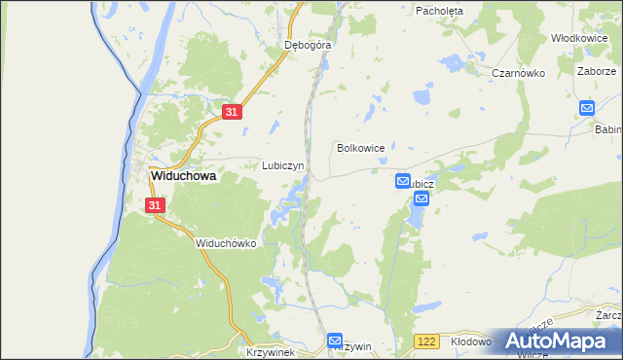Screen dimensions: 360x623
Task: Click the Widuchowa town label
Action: click(x=183, y=177)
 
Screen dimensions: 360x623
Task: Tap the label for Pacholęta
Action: click(x=439, y=11)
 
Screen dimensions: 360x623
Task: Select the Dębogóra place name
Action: click(x=308, y=45)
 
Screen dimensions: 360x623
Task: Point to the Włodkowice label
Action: click(x=579, y=37)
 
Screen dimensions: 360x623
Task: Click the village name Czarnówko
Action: click(x=517, y=73)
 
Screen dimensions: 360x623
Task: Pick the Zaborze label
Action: click(x=596, y=71)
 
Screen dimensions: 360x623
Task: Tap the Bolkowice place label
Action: click(x=361, y=148)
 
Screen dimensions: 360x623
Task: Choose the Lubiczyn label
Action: click(x=283, y=165)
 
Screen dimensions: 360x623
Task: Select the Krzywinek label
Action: click(x=271, y=351)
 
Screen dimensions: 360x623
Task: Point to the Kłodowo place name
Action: click(x=472, y=342)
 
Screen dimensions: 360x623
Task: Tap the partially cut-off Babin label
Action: click(x=608, y=127)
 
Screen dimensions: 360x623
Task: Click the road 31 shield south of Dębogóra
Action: click(x=231, y=113)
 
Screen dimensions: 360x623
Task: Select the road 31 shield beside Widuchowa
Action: click(x=156, y=205)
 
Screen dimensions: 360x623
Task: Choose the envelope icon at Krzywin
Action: click(x=335, y=341)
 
